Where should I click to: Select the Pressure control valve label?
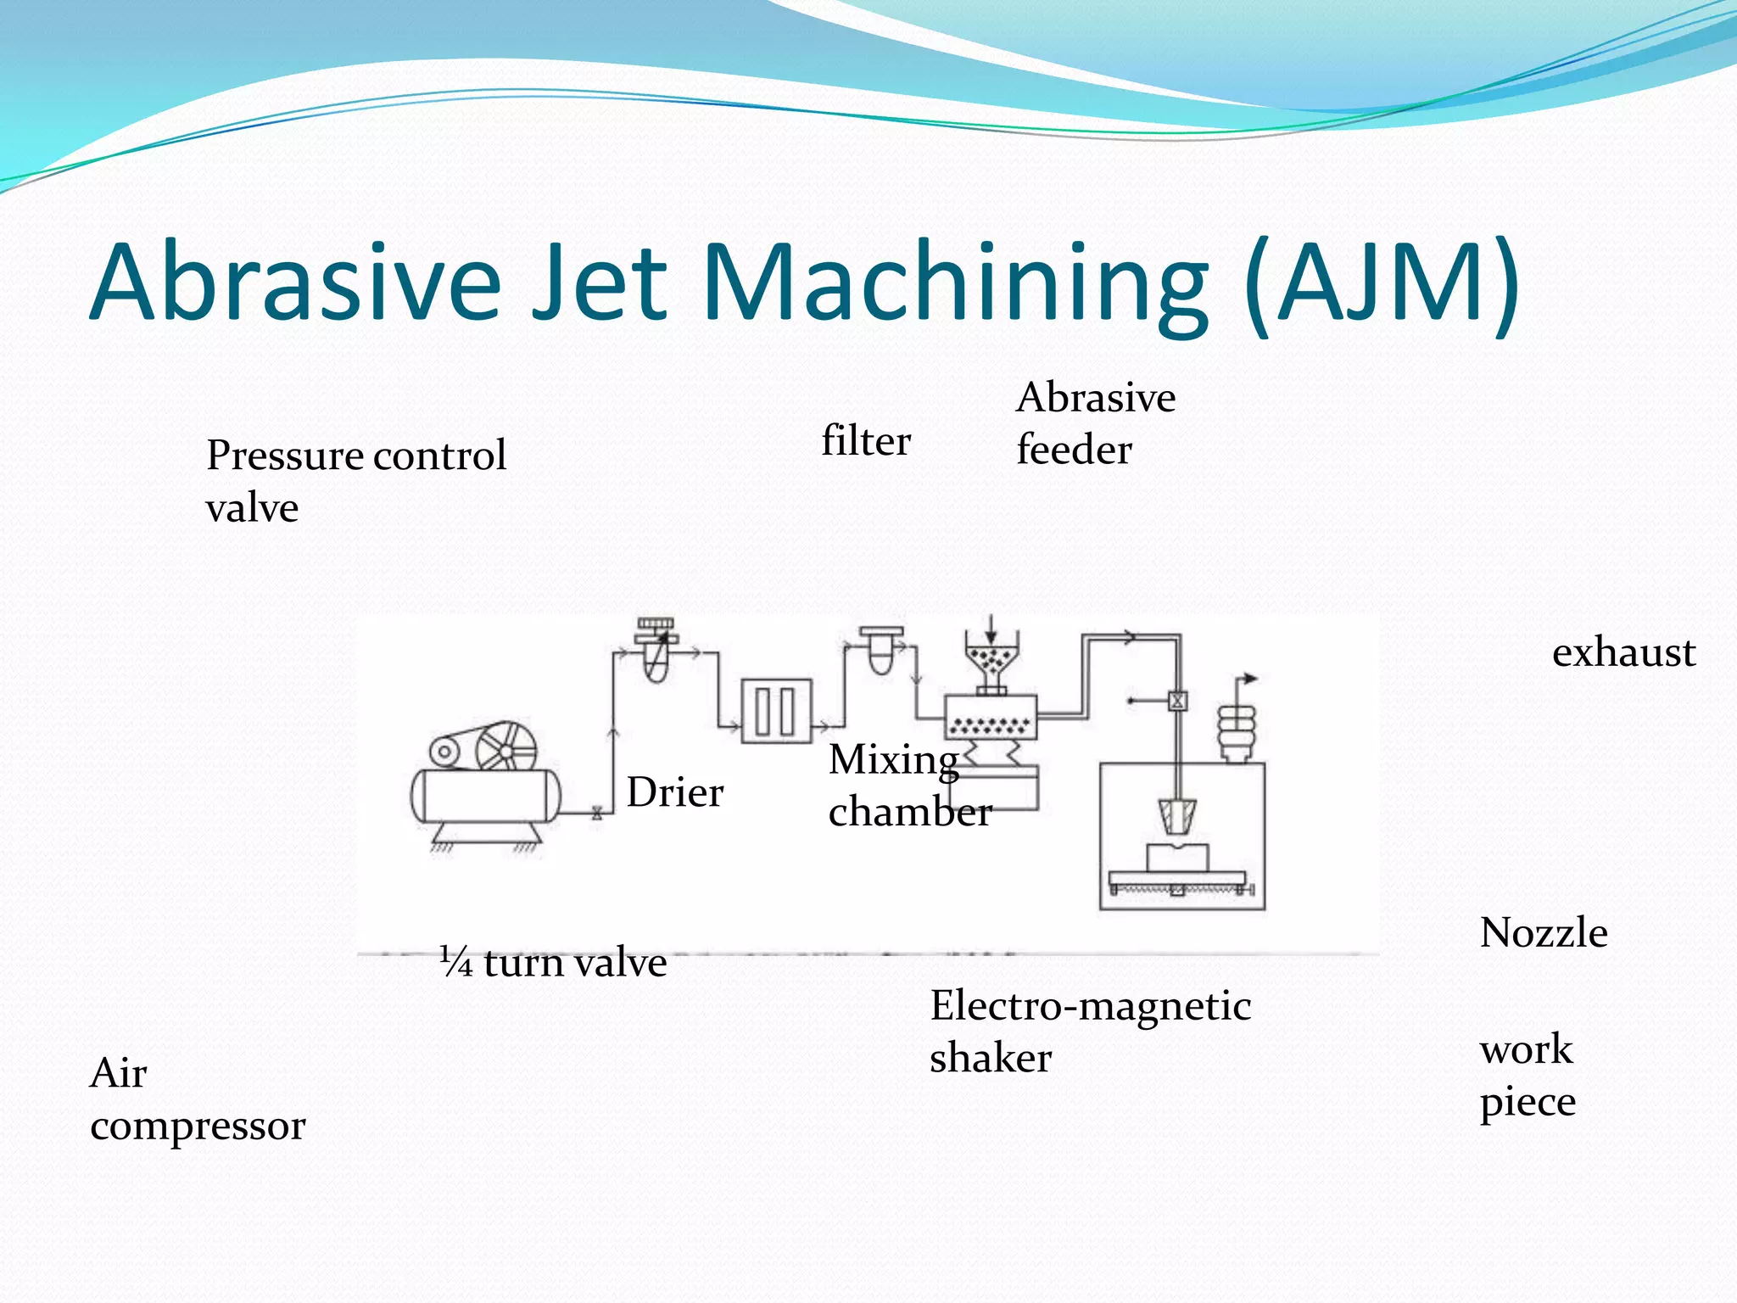[x=355, y=480]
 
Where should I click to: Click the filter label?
[x=865, y=441]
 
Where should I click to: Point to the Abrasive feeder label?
[x=1095, y=423]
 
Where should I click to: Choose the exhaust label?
[x=1623, y=652]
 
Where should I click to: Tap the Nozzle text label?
[x=1543, y=932]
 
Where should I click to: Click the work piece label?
[x=1527, y=1075]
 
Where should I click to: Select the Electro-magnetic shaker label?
[x=1090, y=1031]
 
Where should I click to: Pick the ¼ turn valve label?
[x=553, y=962]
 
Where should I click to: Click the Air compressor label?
[x=197, y=1099]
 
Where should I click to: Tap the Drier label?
[x=675, y=792]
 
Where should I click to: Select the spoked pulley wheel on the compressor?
[x=505, y=749]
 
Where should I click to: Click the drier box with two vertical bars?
[x=775, y=711]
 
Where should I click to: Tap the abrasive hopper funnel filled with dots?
[x=990, y=663]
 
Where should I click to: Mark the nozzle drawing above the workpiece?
[x=1176, y=816]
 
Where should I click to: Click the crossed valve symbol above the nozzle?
[x=1177, y=701]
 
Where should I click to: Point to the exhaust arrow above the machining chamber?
[x=1248, y=679]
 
